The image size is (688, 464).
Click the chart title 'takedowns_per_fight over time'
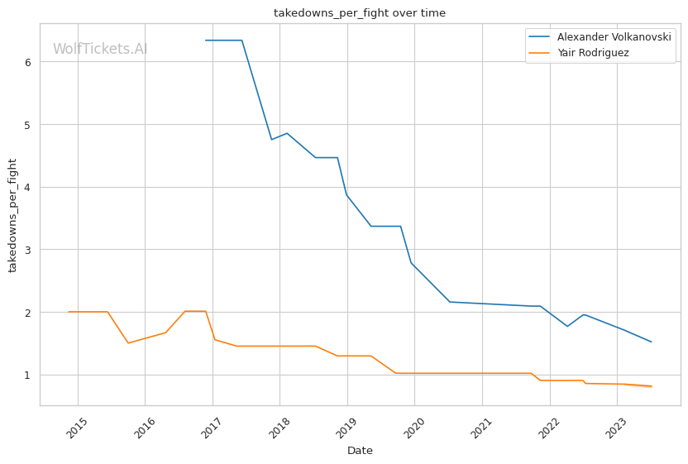coord(360,13)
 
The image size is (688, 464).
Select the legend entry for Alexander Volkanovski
coord(614,37)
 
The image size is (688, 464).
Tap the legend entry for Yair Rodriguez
coord(604,54)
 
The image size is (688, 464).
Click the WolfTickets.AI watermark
coord(100,49)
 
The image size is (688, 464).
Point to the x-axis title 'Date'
coord(360,451)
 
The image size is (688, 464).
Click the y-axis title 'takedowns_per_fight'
coord(12,215)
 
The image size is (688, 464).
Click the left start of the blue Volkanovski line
coord(206,41)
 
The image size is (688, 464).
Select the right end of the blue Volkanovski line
coord(652,342)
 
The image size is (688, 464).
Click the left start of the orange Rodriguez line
coord(69,312)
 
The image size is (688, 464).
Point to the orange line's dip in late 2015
coord(128,343)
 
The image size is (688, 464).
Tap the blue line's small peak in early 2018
coord(286,133)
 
